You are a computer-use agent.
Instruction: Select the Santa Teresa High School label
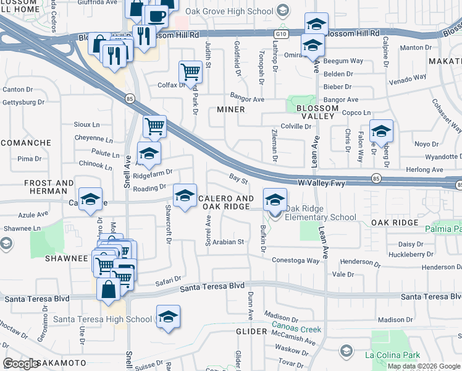tap(103, 319)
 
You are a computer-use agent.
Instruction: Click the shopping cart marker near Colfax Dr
tap(190, 72)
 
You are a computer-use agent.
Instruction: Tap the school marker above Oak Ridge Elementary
tap(275, 200)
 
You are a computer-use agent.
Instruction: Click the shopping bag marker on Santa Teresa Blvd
tap(109, 289)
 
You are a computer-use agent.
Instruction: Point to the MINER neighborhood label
tap(231, 109)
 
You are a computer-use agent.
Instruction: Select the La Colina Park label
tap(392, 355)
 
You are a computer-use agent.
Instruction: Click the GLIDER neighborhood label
tap(251, 331)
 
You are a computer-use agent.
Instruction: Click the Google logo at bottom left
tap(21, 363)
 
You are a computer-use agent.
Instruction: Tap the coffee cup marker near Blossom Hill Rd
tap(156, 16)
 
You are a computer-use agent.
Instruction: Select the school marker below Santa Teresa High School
tap(168, 316)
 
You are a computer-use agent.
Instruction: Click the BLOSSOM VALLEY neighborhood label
tap(317, 112)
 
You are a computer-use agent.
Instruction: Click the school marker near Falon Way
tap(381, 131)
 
